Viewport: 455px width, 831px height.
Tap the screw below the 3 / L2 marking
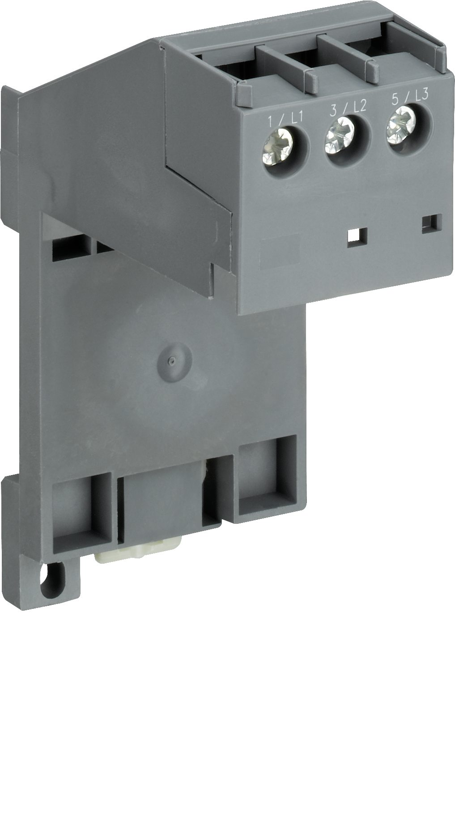(340, 135)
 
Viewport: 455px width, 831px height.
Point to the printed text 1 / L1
(285, 120)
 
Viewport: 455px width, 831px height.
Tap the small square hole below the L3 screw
(433, 223)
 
